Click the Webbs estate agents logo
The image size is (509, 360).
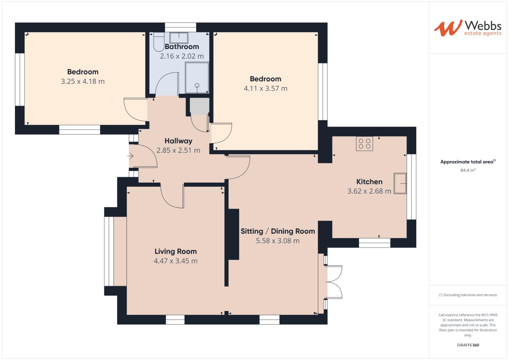(x=467, y=28)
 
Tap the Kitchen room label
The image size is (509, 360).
(x=369, y=182)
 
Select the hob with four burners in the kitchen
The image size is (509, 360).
(x=364, y=144)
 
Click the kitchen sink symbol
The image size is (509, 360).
(x=400, y=183)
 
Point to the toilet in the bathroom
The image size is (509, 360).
(x=159, y=43)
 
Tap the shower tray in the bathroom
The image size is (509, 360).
(x=197, y=78)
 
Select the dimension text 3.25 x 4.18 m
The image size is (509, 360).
(x=83, y=81)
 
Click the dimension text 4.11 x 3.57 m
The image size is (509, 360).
(x=265, y=88)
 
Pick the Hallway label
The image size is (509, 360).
(x=178, y=141)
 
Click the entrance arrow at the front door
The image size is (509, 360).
(x=130, y=156)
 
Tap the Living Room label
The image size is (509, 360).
(x=175, y=251)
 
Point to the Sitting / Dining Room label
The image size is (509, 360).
(x=278, y=231)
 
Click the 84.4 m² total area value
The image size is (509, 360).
(x=468, y=170)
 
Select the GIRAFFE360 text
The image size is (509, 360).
(x=468, y=345)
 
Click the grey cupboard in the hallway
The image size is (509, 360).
(x=199, y=106)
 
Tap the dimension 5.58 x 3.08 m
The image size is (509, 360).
(x=278, y=241)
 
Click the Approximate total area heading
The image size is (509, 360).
(x=467, y=162)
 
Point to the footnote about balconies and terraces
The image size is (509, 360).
(x=468, y=295)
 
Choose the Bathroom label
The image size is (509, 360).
(x=182, y=47)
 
